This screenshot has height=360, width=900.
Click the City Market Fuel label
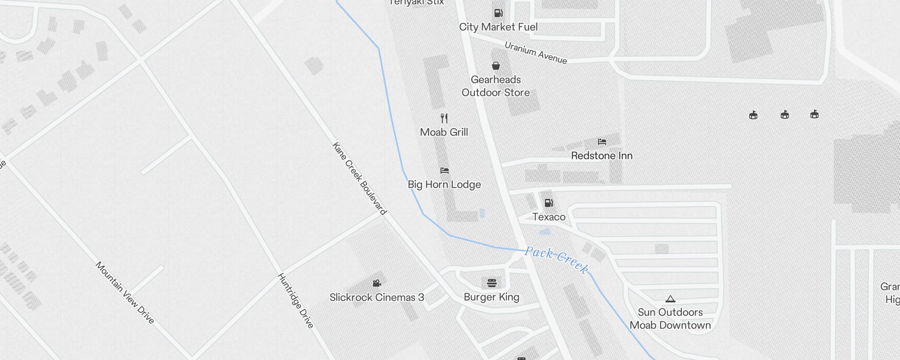tap(498, 27)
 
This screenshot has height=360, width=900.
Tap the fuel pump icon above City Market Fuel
tap(498, 13)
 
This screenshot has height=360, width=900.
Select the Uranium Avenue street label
tap(535, 53)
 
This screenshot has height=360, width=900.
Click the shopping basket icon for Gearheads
tap(496, 66)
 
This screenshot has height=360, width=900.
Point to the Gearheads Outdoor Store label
tap(495, 86)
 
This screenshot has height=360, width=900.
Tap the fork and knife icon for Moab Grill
tap(444, 118)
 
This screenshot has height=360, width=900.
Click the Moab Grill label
tap(444, 132)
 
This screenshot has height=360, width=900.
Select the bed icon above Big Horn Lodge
tap(445, 171)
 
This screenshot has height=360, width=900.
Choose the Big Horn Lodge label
tap(444, 184)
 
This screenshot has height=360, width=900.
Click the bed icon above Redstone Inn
tap(602, 142)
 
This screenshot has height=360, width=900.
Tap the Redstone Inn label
tap(602, 156)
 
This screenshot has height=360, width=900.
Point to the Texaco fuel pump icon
tap(549, 203)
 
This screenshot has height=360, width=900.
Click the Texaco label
tap(549, 217)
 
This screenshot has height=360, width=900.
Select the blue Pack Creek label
tap(557, 260)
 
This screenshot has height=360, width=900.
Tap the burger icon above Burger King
tap(492, 283)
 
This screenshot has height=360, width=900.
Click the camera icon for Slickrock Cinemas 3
tap(377, 283)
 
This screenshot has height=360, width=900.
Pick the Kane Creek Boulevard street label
tap(359, 179)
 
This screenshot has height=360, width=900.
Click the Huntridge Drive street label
tap(295, 300)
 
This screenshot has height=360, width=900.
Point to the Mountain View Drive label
tap(125, 292)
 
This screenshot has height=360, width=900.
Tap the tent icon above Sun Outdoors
tap(670, 299)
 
